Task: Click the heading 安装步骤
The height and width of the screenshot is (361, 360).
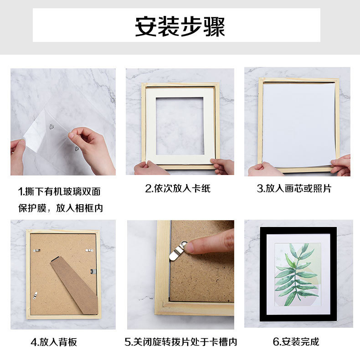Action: click(x=180, y=26)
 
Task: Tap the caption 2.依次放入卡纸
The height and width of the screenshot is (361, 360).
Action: click(x=178, y=188)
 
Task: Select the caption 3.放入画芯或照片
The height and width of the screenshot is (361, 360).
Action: click(x=294, y=188)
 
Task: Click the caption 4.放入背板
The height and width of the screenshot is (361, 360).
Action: click(x=54, y=342)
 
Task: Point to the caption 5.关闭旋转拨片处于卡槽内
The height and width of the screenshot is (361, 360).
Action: click(x=181, y=342)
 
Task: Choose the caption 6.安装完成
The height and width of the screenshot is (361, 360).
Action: click(x=296, y=342)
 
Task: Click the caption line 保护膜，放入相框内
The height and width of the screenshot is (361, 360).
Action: click(x=60, y=208)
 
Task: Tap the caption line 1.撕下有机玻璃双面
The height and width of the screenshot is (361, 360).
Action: click(x=59, y=191)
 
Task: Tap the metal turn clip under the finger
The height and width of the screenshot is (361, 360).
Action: click(x=177, y=251)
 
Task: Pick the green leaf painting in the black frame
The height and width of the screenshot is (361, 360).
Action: click(x=298, y=274)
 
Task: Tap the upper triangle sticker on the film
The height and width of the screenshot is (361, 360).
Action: click(x=51, y=127)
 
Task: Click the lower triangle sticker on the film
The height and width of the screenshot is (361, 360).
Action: click(x=77, y=149)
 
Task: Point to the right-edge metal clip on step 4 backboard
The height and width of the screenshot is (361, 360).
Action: click(x=93, y=272)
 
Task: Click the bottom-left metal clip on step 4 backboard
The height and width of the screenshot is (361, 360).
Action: click(x=35, y=295)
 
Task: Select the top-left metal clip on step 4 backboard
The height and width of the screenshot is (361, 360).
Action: click(x=36, y=250)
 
